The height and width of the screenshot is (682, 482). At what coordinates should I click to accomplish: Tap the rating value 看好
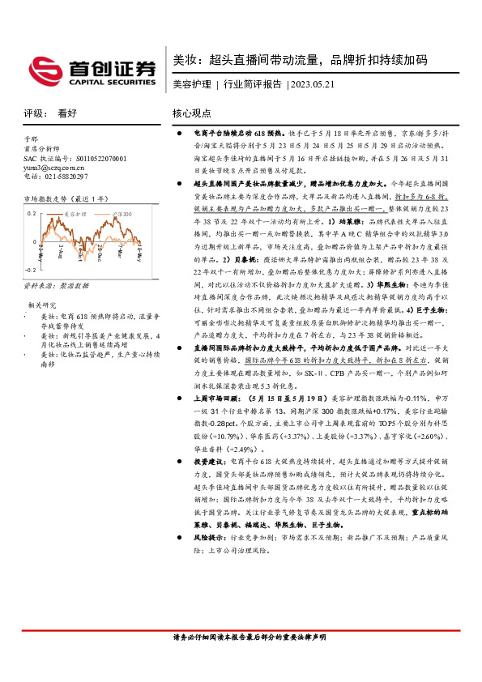(x=66, y=114)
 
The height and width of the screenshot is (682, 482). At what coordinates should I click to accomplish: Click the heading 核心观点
(x=192, y=114)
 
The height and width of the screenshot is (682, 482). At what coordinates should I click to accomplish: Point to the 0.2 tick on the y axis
(x=32, y=211)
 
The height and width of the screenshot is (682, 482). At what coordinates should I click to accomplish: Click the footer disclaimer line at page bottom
(x=241, y=639)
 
